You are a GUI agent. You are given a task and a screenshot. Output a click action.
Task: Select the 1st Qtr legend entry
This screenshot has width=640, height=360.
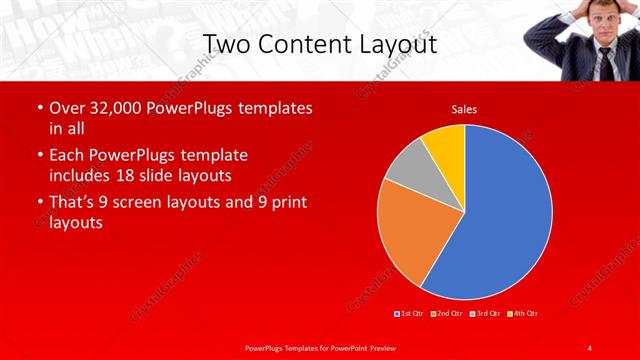click(412, 314)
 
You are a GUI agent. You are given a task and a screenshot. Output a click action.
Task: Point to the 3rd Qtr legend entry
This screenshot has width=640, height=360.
click(487, 314)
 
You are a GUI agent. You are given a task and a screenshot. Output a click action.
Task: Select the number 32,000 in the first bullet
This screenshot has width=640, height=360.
click(127, 108)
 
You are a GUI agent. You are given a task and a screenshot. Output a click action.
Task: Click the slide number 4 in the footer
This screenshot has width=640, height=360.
click(590, 347)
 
